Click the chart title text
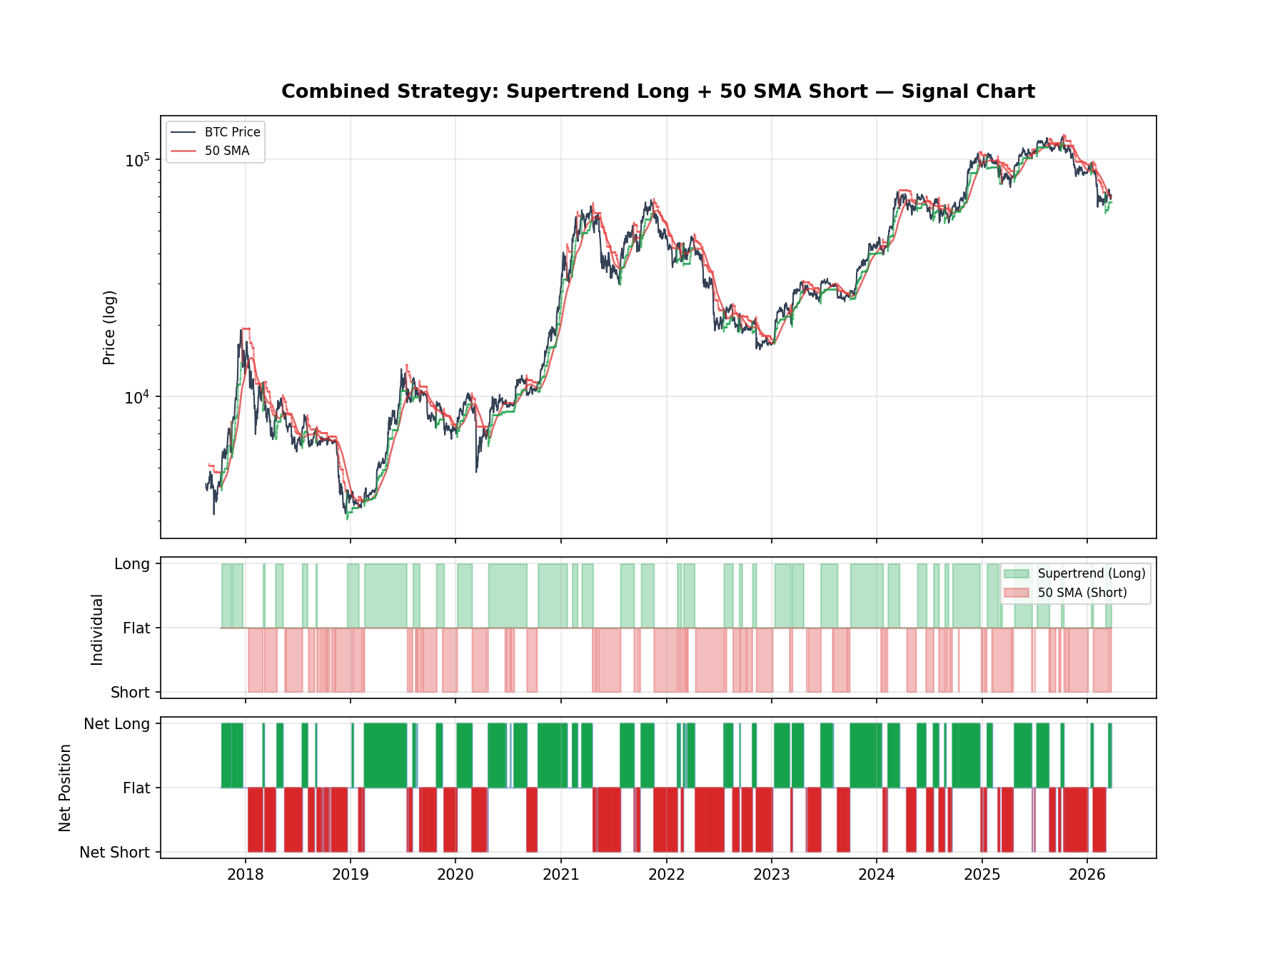click(x=657, y=92)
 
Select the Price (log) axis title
click(x=109, y=327)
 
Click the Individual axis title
click(x=97, y=629)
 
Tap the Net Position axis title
click(x=65, y=788)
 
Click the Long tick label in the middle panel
click(x=132, y=564)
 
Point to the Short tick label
click(x=130, y=693)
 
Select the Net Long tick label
click(x=116, y=724)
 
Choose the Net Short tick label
click(x=114, y=853)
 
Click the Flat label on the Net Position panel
click(x=136, y=788)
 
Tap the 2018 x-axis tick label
click(x=245, y=875)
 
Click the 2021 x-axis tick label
click(x=560, y=875)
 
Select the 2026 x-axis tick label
click(x=1087, y=875)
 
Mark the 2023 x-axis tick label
click(x=771, y=875)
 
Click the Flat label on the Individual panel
click(x=136, y=628)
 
